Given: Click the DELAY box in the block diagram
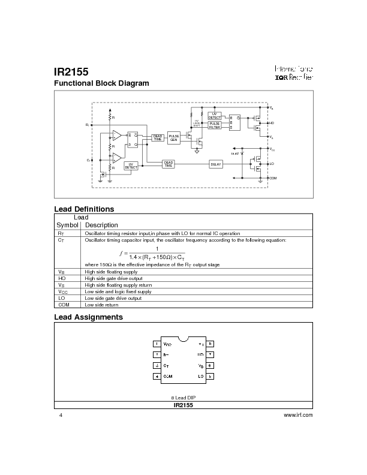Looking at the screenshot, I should pos(216,164).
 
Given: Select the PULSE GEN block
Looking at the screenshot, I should pos(174,137).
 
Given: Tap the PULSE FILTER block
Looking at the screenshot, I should pos(215,125).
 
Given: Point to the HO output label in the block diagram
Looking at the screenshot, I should pos(272,122).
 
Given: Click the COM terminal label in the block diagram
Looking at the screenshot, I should pos(273,178).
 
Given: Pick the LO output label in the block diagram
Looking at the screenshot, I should pos(272,163).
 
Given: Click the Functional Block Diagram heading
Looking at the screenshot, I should pos(101,83).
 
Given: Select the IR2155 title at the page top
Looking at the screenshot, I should pos(71,71).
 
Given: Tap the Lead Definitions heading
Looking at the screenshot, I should pos(84,209).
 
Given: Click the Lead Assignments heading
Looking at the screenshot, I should pos(88,317).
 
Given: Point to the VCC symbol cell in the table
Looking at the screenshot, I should pos(61,291).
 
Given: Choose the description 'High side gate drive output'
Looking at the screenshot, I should pos(114,278).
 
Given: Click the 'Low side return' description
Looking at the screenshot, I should pos(102,305).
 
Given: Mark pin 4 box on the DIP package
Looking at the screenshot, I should pos(157,377).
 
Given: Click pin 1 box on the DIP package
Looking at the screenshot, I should pos(157,344).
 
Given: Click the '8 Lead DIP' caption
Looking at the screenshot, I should pos(183,398).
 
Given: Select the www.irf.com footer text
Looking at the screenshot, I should pos(298,415).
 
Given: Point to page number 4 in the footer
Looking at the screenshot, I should pos(61,415).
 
